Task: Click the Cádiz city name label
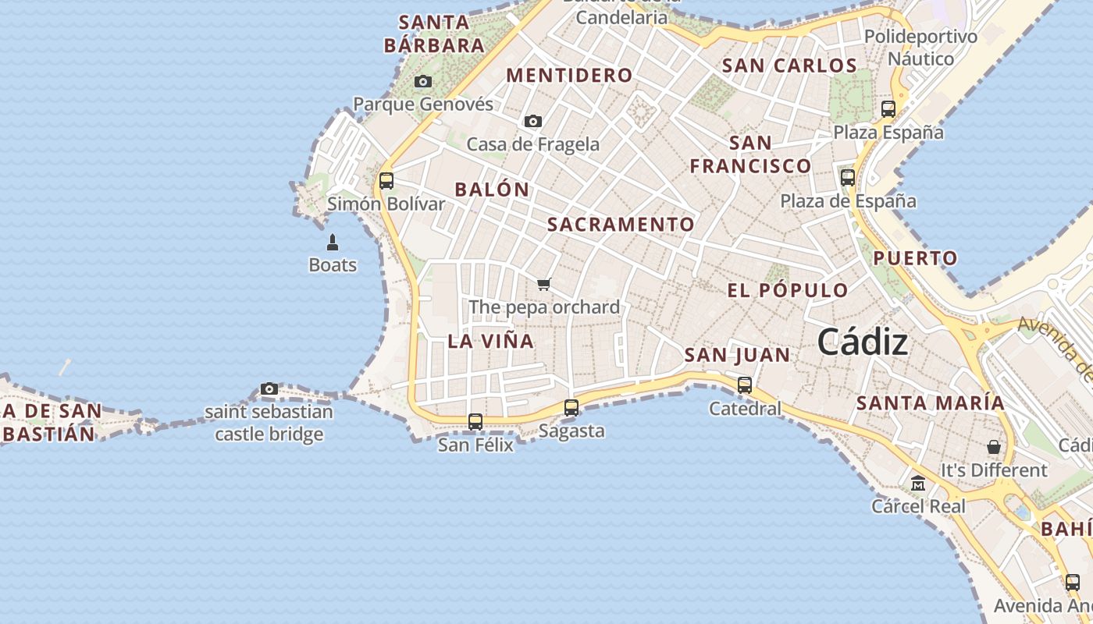click(x=863, y=342)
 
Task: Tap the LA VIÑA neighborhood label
click(x=490, y=341)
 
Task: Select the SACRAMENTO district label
click(x=621, y=225)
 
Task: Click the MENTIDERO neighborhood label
click(x=569, y=76)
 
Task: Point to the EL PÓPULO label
click(x=787, y=291)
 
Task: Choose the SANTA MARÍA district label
click(x=931, y=403)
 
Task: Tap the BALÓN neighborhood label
click(x=492, y=190)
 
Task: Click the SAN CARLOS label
click(x=789, y=66)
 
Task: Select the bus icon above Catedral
click(x=745, y=385)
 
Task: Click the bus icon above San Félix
click(x=475, y=421)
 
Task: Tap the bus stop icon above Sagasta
click(x=571, y=407)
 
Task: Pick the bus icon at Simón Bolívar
click(x=386, y=181)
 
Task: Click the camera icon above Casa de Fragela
click(x=533, y=121)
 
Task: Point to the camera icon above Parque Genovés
click(x=423, y=81)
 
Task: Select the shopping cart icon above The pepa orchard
click(x=544, y=284)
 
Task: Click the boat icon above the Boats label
click(x=333, y=243)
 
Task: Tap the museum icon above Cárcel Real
click(x=918, y=484)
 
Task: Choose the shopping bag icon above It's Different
click(x=994, y=447)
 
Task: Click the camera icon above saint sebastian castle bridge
click(x=269, y=388)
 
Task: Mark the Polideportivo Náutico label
click(x=920, y=48)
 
